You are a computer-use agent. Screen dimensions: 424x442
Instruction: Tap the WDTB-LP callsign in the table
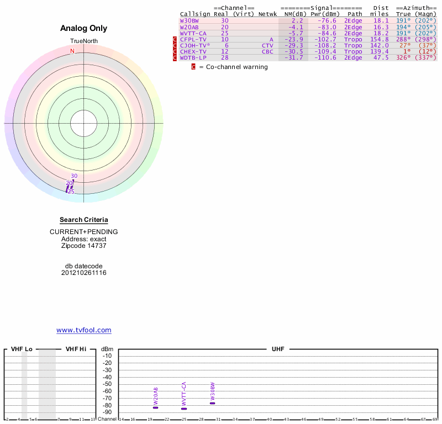pyautogui.click(x=193, y=57)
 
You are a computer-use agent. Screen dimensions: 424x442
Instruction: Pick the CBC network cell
pyautogui.click(x=267, y=51)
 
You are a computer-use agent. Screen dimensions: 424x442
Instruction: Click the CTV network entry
pyautogui.click(x=267, y=45)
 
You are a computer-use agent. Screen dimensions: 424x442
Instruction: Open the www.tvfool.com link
pyautogui.click(x=83, y=330)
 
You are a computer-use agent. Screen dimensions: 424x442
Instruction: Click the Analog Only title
pyautogui.click(x=83, y=28)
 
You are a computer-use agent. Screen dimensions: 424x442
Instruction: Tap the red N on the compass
pyautogui.click(x=72, y=51)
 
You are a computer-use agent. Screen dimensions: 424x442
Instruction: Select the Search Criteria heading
pyautogui.click(x=83, y=220)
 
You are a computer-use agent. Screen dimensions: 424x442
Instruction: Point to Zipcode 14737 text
pyautogui.click(x=83, y=246)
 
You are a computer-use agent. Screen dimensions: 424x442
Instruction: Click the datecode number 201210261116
pyautogui.click(x=83, y=273)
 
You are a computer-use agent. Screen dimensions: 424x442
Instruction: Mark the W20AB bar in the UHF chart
pyautogui.click(x=155, y=407)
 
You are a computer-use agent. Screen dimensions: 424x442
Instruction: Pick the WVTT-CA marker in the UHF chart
pyautogui.click(x=184, y=409)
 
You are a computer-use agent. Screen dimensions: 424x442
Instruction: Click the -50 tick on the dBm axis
pyautogui.click(x=107, y=384)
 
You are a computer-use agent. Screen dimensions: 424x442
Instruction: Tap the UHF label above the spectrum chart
pyautogui.click(x=277, y=349)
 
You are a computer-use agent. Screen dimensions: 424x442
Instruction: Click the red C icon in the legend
pyautogui.click(x=193, y=67)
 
